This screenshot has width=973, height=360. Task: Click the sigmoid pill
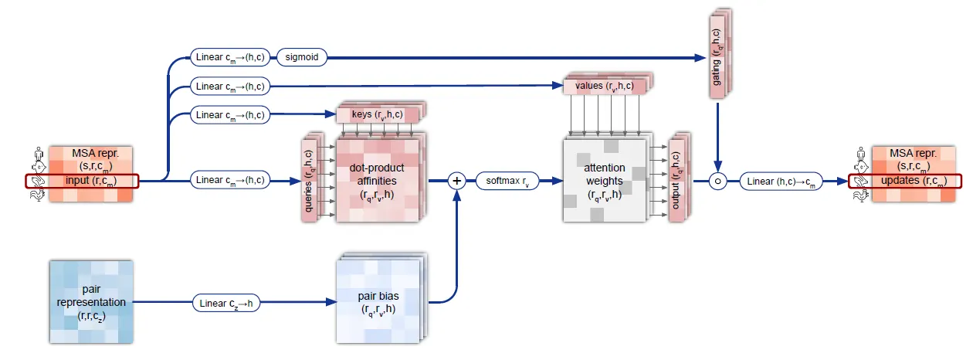coord(302,56)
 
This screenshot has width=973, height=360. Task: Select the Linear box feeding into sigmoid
coord(230,56)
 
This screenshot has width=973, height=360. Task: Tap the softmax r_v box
coord(506,181)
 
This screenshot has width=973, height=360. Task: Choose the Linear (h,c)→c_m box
coord(781,182)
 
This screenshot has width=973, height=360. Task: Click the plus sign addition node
coord(456,181)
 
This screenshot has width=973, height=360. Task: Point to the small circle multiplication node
coord(718,182)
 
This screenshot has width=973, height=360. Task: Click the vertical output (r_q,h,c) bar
coord(676,180)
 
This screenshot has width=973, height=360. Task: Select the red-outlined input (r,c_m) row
coord(83,182)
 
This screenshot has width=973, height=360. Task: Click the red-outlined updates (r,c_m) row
coord(905,182)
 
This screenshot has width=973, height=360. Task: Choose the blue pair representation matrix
coord(91,302)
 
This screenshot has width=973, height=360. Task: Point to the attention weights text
coord(605,182)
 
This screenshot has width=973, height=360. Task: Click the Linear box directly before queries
coord(230,181)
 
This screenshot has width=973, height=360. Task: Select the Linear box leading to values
coord(230,86)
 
